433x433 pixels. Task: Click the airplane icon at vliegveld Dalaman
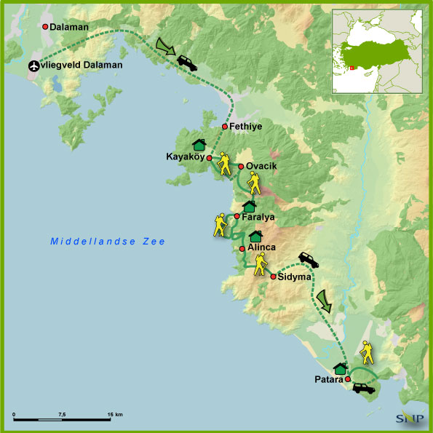point(34,65)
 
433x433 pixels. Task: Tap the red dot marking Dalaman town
point(44,27)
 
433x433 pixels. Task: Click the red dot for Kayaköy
point(209,158)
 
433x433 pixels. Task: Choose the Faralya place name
point(258,217)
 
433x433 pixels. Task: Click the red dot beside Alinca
point(242,248)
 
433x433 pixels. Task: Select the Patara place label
point(327,379)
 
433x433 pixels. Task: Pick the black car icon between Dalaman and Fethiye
point(187,63)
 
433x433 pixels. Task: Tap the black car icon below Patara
point(363,389)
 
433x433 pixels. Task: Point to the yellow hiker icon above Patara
point(368,353)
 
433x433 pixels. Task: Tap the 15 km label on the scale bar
point(114,414)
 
